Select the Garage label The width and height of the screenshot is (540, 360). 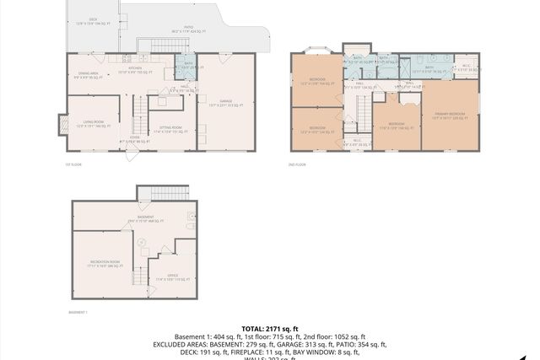[224, 105]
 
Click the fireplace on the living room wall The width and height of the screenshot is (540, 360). [62, 125]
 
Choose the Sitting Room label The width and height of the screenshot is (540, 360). [171, 129]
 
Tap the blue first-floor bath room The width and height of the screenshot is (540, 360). [186, 68]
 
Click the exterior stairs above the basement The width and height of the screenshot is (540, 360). [154, 192]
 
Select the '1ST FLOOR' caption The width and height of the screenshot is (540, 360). [73, 164]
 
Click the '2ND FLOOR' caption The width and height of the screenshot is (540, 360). [297, 164]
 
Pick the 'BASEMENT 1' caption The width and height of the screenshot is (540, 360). [78, 312]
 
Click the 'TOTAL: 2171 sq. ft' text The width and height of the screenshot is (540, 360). [270, 328]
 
